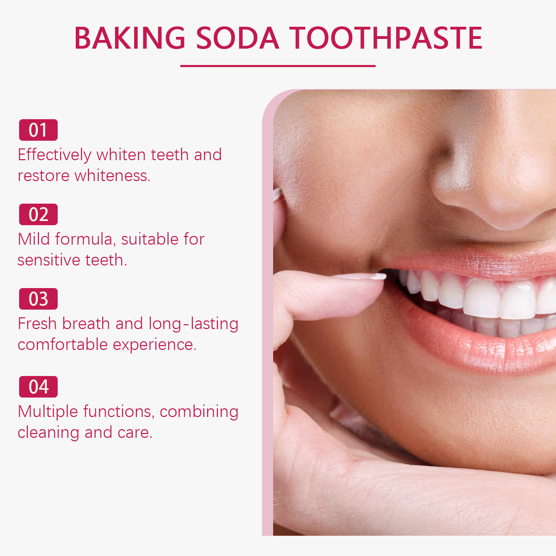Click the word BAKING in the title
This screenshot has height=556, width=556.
130,38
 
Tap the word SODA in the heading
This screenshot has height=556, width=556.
238,38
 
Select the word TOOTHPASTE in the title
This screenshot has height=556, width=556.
386,38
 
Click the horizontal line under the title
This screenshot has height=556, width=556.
278,66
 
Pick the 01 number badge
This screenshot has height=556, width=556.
38,130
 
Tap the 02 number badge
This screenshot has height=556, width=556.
38,214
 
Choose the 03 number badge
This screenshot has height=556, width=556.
38,299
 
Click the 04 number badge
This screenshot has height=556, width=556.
38,387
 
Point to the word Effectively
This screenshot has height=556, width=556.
55,155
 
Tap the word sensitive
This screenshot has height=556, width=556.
49,260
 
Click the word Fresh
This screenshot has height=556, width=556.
37,324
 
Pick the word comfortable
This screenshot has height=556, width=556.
63,344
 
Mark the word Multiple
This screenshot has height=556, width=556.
48,412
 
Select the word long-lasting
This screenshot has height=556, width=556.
194,324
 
